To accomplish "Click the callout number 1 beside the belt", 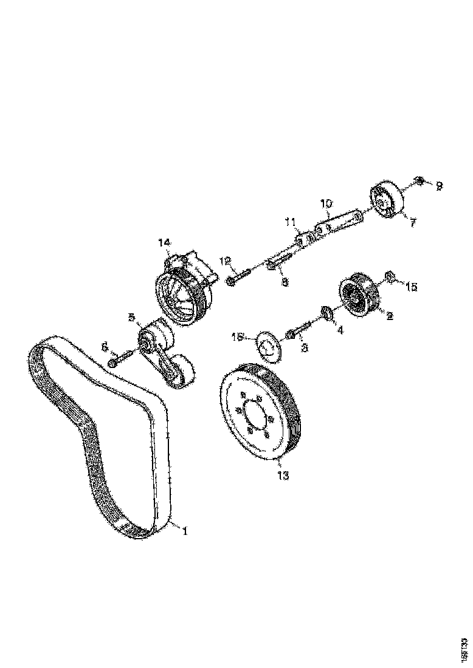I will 185,530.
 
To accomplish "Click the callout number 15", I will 412,286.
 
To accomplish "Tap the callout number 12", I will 226,261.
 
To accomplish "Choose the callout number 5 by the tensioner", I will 131,317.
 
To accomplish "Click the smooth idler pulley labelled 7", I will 386,200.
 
